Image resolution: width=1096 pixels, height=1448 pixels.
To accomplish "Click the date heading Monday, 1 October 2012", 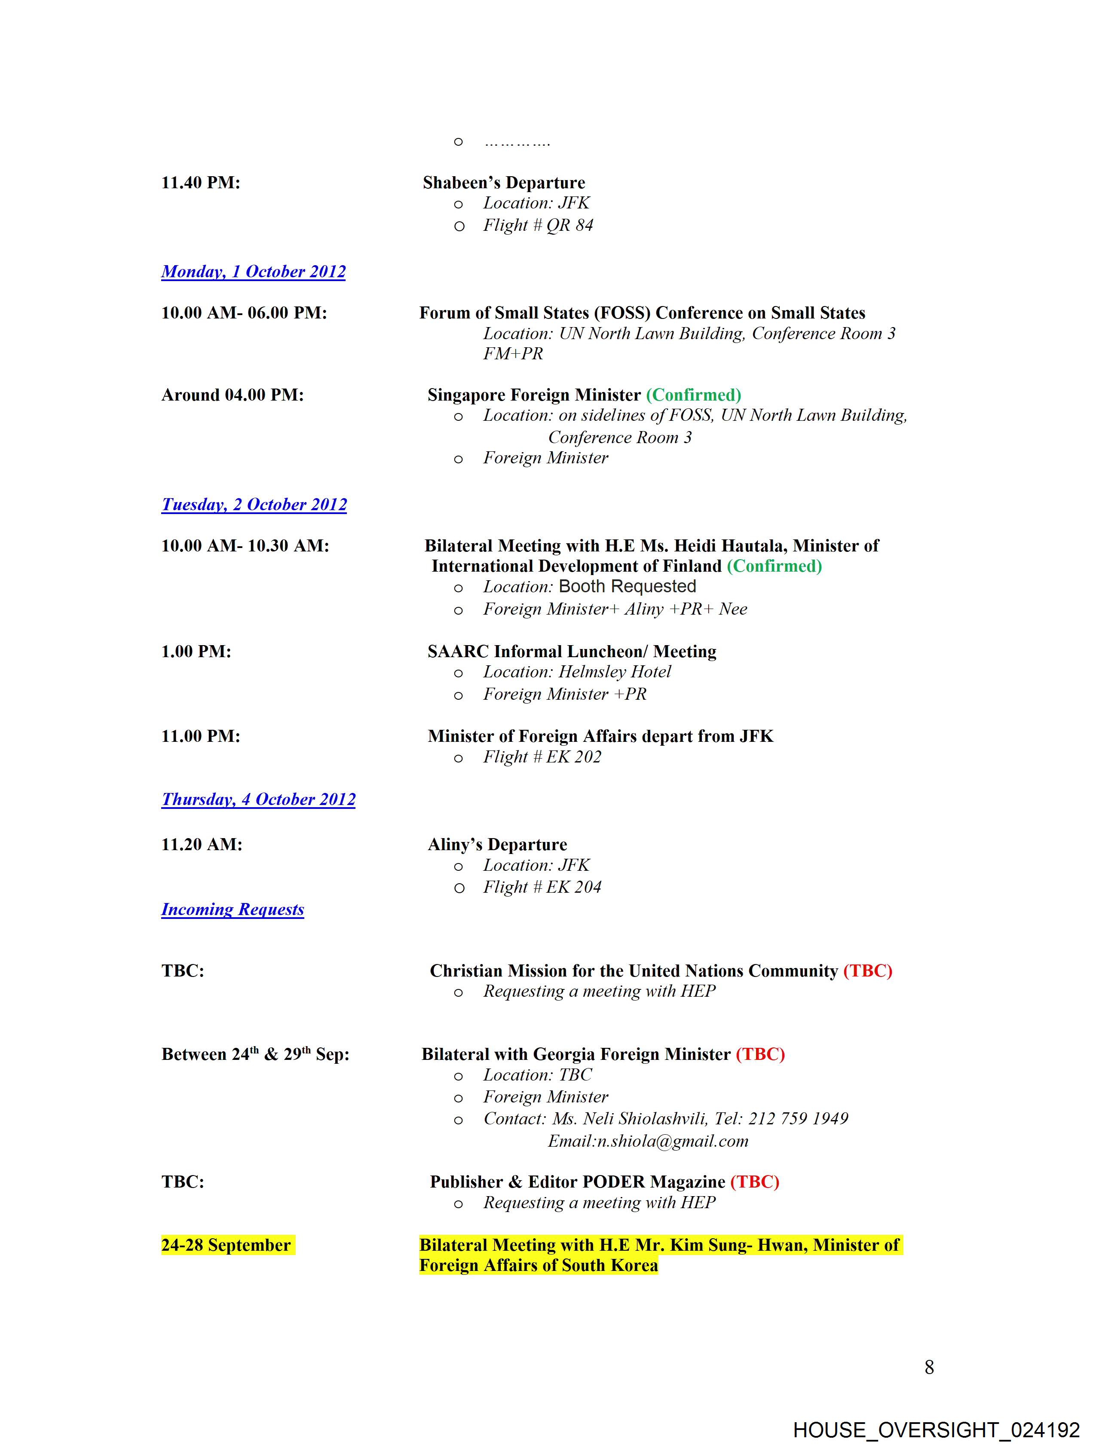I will [254, 272].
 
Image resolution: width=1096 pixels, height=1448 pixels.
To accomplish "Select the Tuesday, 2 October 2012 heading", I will [254, 505].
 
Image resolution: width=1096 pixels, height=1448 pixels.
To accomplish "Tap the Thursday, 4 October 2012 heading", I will [259, 799].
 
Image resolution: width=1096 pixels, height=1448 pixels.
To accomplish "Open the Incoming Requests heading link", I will [233, 909].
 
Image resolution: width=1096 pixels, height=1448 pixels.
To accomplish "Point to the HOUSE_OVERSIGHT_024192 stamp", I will [936, 1430].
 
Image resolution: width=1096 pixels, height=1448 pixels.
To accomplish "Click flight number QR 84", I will [569, 225].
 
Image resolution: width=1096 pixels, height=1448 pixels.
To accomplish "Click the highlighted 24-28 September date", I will [226, 1245].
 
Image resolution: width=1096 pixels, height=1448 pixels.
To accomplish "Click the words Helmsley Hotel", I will [615, 672].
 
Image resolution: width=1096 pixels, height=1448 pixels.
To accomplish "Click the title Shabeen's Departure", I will [504, 183].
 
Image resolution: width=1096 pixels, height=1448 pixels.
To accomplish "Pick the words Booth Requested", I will [627, 587].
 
